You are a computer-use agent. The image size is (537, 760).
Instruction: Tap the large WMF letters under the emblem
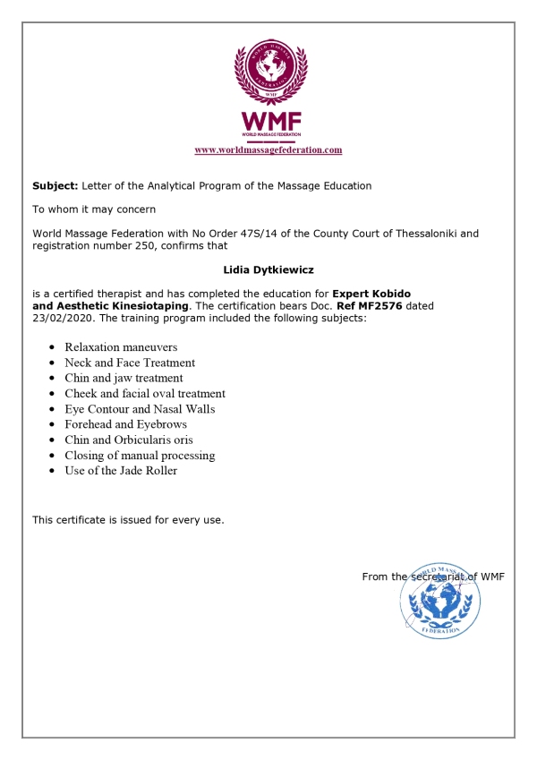pyautogui.click(x=268, y=121)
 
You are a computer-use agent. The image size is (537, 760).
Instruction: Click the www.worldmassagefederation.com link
pyautogui.click(x=268, y=150)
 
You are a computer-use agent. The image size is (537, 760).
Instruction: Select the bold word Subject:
pyautogui.click(x=55, y=186)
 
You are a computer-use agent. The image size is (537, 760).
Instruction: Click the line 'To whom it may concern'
pyautogui.click(x=94, y=209)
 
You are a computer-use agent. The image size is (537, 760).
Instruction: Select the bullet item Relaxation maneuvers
pyautogui.click(x=121, y=347)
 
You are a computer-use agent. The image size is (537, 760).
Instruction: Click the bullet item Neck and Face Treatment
pyautogui.click(x=130, y=363)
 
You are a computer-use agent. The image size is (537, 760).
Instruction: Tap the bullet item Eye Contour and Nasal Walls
pyautogui.click(x=140, y=409)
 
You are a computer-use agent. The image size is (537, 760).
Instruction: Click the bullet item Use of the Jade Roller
pyautogui.click(x=121, y=471)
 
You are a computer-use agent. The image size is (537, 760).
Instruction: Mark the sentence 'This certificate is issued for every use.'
pyautogui.click(x=128, y=519)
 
